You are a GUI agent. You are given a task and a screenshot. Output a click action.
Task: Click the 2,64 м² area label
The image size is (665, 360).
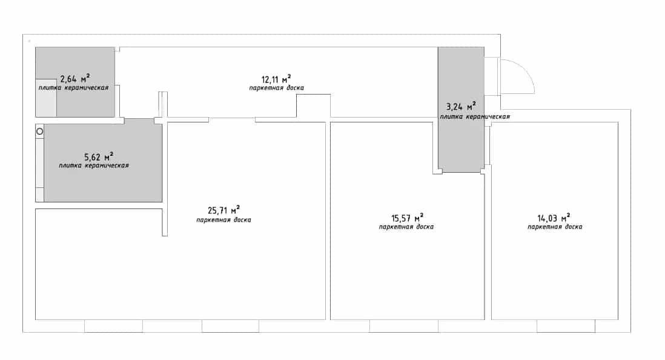(x=75, y=79)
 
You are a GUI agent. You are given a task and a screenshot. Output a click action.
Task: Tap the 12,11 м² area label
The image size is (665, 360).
(x=276, y=79)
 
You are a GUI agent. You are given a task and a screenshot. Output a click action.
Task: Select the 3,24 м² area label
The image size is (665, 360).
(x=461, y=106)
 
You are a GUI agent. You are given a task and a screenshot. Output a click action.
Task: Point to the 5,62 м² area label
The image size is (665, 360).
(x=98, y=156)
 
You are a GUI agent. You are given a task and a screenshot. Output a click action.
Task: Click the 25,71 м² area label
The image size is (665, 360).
(x=223, y=210)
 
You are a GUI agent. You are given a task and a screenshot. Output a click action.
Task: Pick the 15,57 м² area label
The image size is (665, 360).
(x=407, y=218)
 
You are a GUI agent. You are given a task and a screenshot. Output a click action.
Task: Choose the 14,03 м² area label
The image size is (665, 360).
(x=554, y=218)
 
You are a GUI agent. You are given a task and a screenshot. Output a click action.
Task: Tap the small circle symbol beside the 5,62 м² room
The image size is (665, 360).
(x=39, y=132)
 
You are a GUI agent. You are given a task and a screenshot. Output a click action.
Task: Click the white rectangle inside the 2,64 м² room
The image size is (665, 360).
(x=46, y=98)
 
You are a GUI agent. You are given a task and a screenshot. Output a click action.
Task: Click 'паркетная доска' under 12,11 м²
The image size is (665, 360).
(x=277, y=88)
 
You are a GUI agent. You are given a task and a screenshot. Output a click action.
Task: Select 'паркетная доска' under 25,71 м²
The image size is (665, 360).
(x=223, y=220)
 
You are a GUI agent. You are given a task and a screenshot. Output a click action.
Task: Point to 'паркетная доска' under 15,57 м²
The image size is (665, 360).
(x=406, y=227)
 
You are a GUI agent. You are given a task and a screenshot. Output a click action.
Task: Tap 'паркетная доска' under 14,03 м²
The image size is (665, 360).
(x=555, y=227)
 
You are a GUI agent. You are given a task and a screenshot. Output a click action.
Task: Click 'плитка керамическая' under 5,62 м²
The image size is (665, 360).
(x=94, y=165)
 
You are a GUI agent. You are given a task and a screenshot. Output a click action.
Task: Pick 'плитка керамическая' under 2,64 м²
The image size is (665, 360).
(x=73, y=88)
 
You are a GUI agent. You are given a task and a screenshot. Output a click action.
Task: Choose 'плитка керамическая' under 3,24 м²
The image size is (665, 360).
(x=475, y=117)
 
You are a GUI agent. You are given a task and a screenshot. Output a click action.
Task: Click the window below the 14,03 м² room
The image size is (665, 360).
(x=566, y=326)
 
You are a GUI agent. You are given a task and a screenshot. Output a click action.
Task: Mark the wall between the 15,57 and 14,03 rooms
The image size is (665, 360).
(x=488, y=246)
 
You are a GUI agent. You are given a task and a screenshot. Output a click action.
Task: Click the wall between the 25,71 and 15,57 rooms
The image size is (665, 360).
(x=328, y=221)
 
